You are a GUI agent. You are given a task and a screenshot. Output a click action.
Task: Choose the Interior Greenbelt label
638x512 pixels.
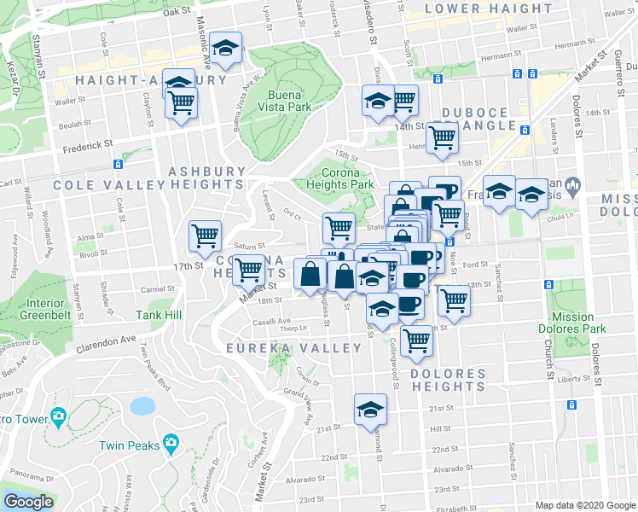click(x=44, y=308)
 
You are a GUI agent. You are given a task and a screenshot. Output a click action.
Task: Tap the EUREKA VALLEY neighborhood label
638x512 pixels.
click(x=282, y=348)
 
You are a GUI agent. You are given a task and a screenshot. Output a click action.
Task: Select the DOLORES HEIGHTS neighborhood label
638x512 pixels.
click(x=448, y=380)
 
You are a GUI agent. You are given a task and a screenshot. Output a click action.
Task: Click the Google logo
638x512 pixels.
click(x=27, y=502)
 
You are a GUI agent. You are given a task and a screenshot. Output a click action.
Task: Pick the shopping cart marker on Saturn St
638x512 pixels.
click(x=205, y=236)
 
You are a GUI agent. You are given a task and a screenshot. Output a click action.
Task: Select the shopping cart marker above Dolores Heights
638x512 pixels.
click(x=417, y=340)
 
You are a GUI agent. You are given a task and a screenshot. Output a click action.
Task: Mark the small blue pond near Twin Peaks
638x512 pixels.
click(x=142, y=405)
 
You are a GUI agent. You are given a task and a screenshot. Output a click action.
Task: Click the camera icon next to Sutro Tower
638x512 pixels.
click(x=58, y=416)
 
